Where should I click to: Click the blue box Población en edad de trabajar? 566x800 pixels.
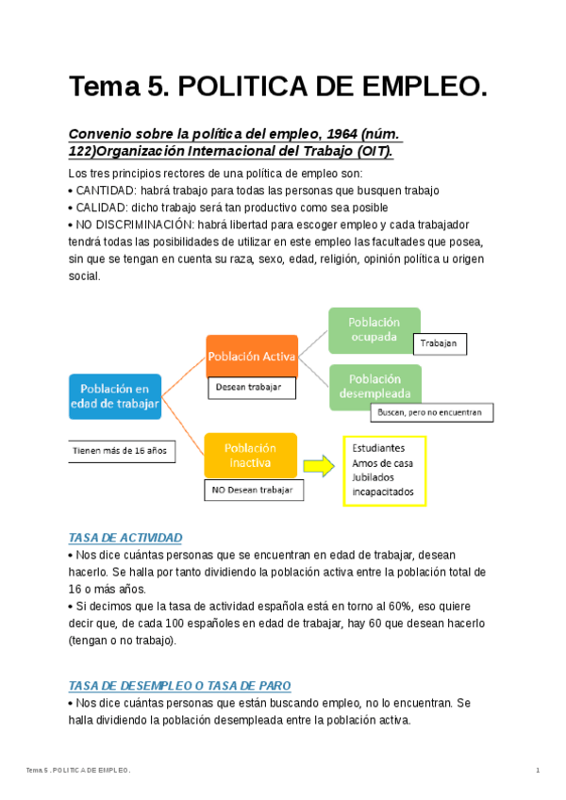[x=115, y=396]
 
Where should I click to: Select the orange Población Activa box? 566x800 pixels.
[x=251, y=357]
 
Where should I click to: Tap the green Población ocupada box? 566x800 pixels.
[x=374, y=329]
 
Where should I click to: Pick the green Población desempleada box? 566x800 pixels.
[x=374, y=386]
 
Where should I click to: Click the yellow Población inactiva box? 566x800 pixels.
[x=250, y=456]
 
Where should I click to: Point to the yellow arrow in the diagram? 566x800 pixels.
[x=320, y=463]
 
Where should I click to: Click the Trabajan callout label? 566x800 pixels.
[x=440, y=344]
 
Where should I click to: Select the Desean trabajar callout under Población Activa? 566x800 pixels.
[x=251, y=387]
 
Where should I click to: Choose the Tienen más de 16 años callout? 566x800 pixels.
[x=120, y=451]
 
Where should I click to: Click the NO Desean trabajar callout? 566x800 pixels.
[x=252, y=491]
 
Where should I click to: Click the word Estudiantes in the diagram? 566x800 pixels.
[x=378, y=447]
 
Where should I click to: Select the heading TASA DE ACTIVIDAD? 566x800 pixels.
[x=125, y=538]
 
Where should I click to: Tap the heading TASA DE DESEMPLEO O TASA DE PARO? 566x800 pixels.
[x=180, y=686]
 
